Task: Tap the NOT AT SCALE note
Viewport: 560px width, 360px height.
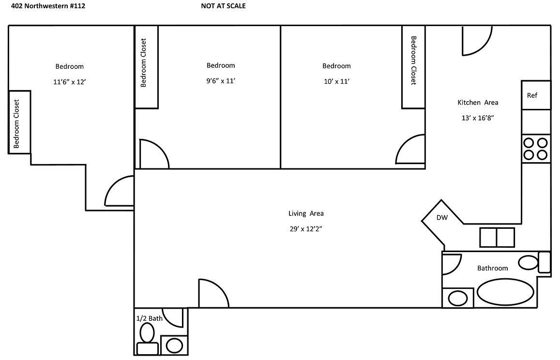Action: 223,6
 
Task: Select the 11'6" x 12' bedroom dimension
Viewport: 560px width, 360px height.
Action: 69,82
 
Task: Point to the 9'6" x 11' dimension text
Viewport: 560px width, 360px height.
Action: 220,81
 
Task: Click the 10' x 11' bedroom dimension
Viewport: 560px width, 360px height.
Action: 336,81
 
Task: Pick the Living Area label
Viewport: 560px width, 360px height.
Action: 306,213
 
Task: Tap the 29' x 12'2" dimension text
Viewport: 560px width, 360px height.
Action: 306,229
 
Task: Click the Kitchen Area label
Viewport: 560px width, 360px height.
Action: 478,103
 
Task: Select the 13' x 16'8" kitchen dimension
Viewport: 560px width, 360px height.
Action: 478,118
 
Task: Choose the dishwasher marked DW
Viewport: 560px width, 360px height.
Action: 442,219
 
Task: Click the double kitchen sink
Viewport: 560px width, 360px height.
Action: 497,237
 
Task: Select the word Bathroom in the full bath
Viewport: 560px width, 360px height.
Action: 493,268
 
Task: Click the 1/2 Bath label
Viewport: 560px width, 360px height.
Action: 149,318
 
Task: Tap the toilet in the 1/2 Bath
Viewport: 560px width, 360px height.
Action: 147,339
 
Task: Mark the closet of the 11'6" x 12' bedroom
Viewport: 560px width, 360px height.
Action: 19,122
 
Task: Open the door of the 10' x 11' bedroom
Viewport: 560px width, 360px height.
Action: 410,150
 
